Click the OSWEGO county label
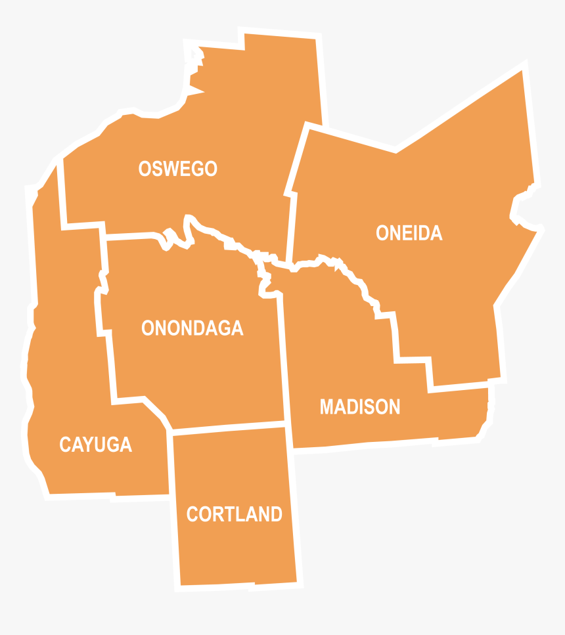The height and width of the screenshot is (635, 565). [177, 169]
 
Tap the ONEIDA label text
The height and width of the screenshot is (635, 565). [409, 233]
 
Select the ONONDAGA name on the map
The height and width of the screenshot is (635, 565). [192, 328]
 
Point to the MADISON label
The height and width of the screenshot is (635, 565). [359, 407]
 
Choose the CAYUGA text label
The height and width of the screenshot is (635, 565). [95, 445]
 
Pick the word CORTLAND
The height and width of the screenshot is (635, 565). [234, 514]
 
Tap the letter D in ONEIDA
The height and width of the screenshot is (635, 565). [422, 233]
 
